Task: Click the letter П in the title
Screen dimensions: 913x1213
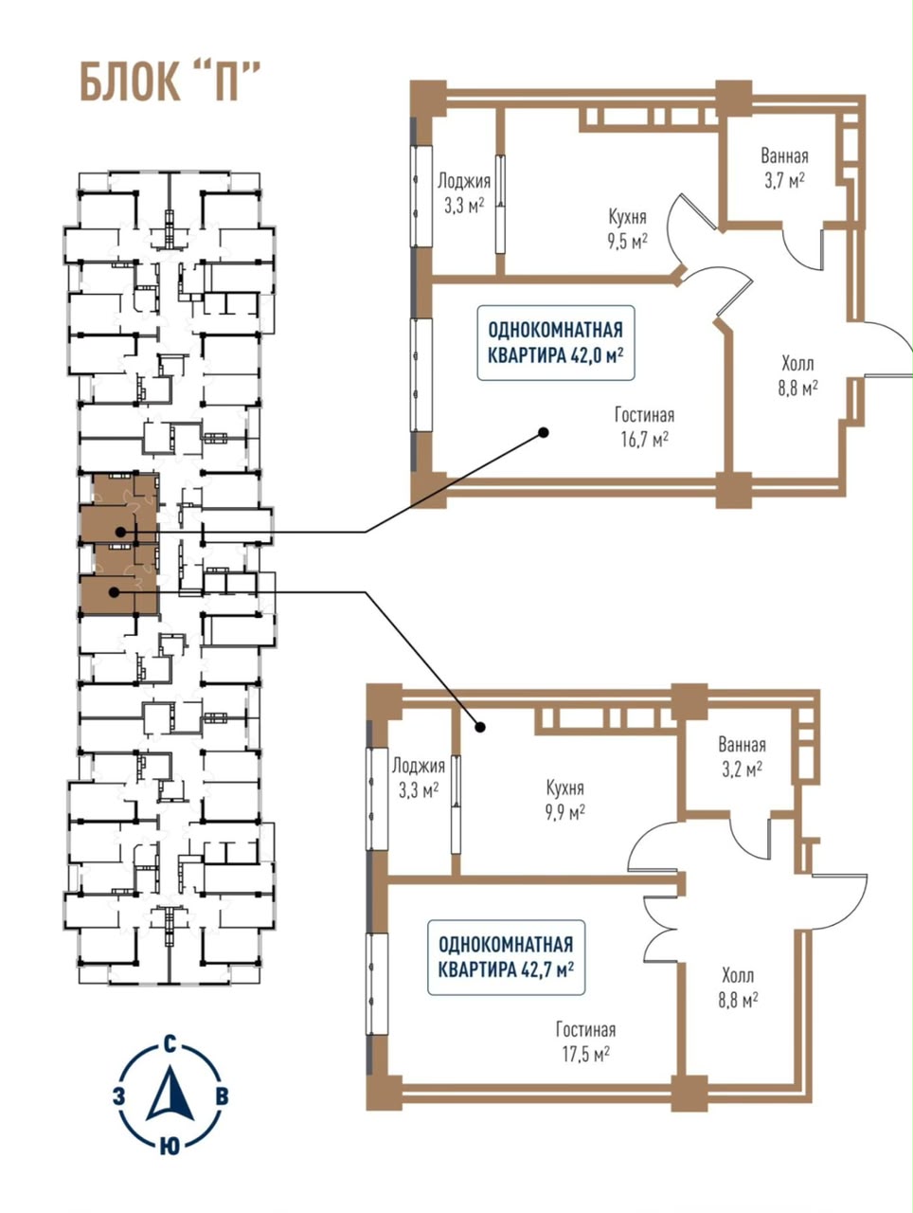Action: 225,81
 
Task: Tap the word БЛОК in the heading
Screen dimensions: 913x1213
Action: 131,81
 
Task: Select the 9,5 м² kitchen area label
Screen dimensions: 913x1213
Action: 627,242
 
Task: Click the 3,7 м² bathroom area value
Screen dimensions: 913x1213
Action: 784,181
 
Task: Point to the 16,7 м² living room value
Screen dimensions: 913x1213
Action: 645,440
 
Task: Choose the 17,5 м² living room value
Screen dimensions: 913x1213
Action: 586,1055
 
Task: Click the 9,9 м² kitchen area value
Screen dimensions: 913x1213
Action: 565,813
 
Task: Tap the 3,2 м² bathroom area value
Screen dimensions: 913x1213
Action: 743,769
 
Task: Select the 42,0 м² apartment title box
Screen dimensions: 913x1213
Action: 556,343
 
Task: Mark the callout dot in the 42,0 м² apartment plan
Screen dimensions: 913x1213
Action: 544,432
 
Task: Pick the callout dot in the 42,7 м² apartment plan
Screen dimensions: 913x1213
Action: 480,727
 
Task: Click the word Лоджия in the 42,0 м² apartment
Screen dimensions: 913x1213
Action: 464,181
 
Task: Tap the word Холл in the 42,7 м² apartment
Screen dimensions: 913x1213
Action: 738,975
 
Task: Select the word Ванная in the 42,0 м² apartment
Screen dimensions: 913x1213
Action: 784,156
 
